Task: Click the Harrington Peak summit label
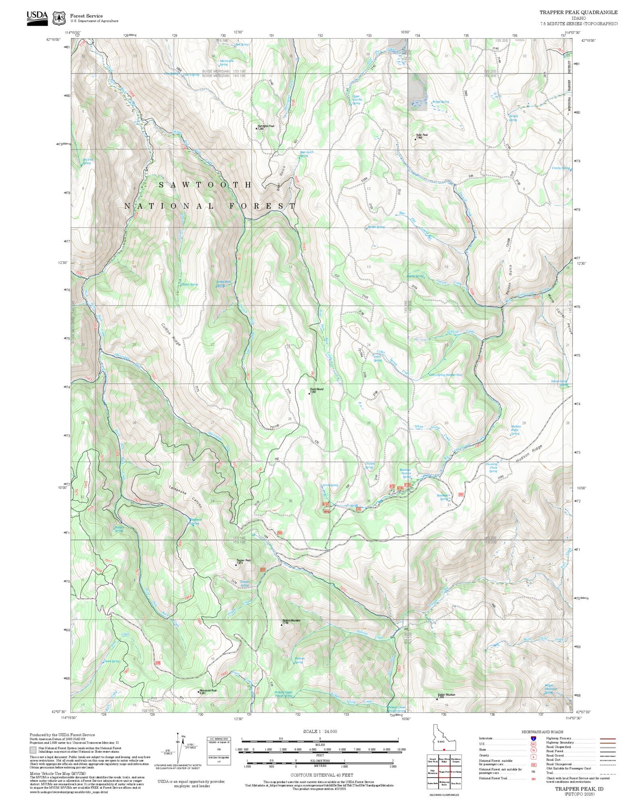click(266, 126)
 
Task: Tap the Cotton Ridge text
click(171, 334)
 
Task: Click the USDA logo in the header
click(37, 17)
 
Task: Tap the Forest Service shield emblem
click(59, 18)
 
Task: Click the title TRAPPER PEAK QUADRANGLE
click(578, 12)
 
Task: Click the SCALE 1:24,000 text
click(320, 731)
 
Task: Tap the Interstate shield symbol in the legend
click(533, 738)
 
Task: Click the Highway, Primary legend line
click(607, 738)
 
